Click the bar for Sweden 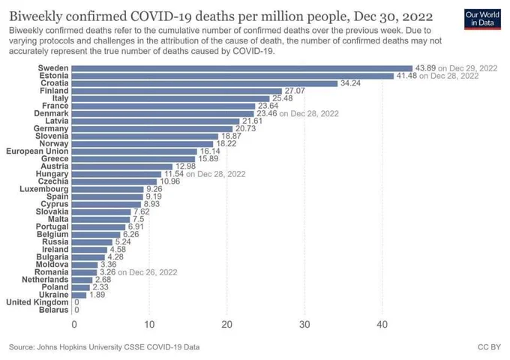[242, 68]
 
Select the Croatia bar [205, 83]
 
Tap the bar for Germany [152, 129]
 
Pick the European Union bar [134, 151]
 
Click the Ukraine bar [79, 295]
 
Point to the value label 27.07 [295, 91]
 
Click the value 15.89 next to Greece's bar [208, 159]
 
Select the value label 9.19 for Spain [154, 196]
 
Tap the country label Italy [61, 98]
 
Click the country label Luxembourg [44, 189]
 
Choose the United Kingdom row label [37, 302]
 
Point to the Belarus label [54, 310]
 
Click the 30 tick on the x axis [304, 325]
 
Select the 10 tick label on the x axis [149, 325]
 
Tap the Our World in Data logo [482, 19]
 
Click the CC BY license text [489, 347]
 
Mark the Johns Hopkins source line [104, 347]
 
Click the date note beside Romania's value [148, 272]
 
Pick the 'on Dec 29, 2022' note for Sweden [468, 68]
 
